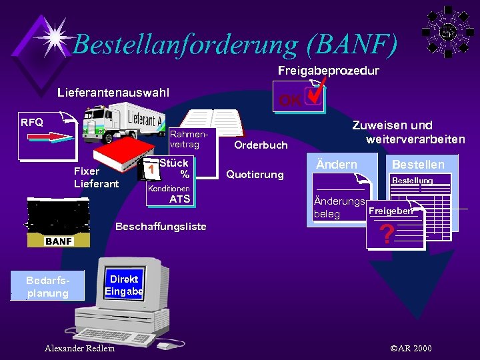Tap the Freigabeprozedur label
[328, 70]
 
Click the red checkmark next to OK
[314, 93]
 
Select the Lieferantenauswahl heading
[113, 91]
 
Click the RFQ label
[31, 122]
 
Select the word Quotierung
[255, 175]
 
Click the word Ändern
[336, 164]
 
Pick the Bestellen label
[418, 164]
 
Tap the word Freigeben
[390, 211]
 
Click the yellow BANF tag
[59, 241]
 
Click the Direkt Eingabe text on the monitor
[124, 285]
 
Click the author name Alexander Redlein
[79, 348]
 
